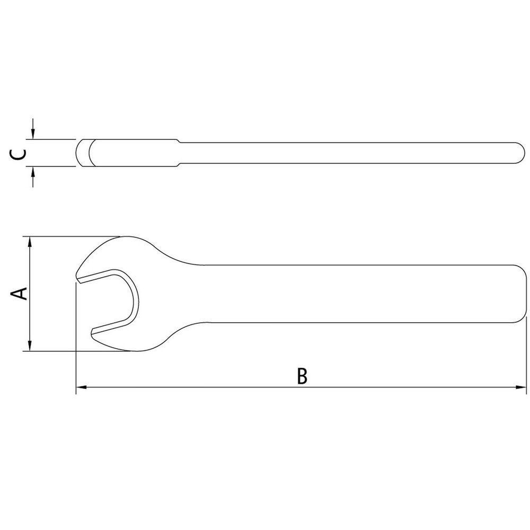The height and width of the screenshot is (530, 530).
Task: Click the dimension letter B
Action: tap(302, 376)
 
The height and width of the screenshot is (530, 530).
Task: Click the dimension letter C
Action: tap(17, 154)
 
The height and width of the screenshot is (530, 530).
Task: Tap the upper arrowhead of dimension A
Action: tap(30, 243)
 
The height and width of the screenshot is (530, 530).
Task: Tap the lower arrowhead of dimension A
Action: tap(30, 345)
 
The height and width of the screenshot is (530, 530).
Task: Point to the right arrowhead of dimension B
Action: tap(520, 387)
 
